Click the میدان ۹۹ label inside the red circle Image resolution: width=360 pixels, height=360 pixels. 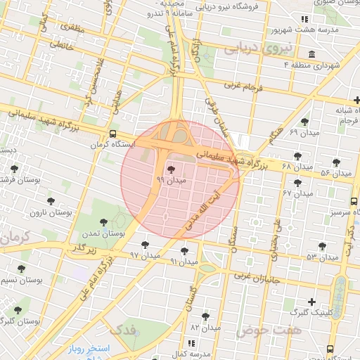point(171,181)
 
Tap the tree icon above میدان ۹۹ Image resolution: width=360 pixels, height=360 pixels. point(171,169)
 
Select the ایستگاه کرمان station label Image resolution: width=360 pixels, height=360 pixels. point(111,145)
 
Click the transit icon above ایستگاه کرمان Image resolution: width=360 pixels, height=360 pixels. point(113,134)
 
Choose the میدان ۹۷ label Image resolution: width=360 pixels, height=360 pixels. point(145,256)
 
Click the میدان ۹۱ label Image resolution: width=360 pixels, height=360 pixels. point(184,262)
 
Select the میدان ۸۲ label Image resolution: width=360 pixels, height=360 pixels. point(205,327)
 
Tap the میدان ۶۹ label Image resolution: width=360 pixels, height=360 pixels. point(304,132)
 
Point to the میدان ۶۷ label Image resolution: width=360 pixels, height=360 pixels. point(297,193)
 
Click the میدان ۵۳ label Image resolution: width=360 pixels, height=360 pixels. point(322,257)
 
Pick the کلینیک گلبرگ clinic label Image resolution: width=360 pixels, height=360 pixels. point(309,312)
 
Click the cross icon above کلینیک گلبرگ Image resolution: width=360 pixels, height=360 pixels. point(311,302)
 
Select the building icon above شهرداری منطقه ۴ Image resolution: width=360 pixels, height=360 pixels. point(311,54)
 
